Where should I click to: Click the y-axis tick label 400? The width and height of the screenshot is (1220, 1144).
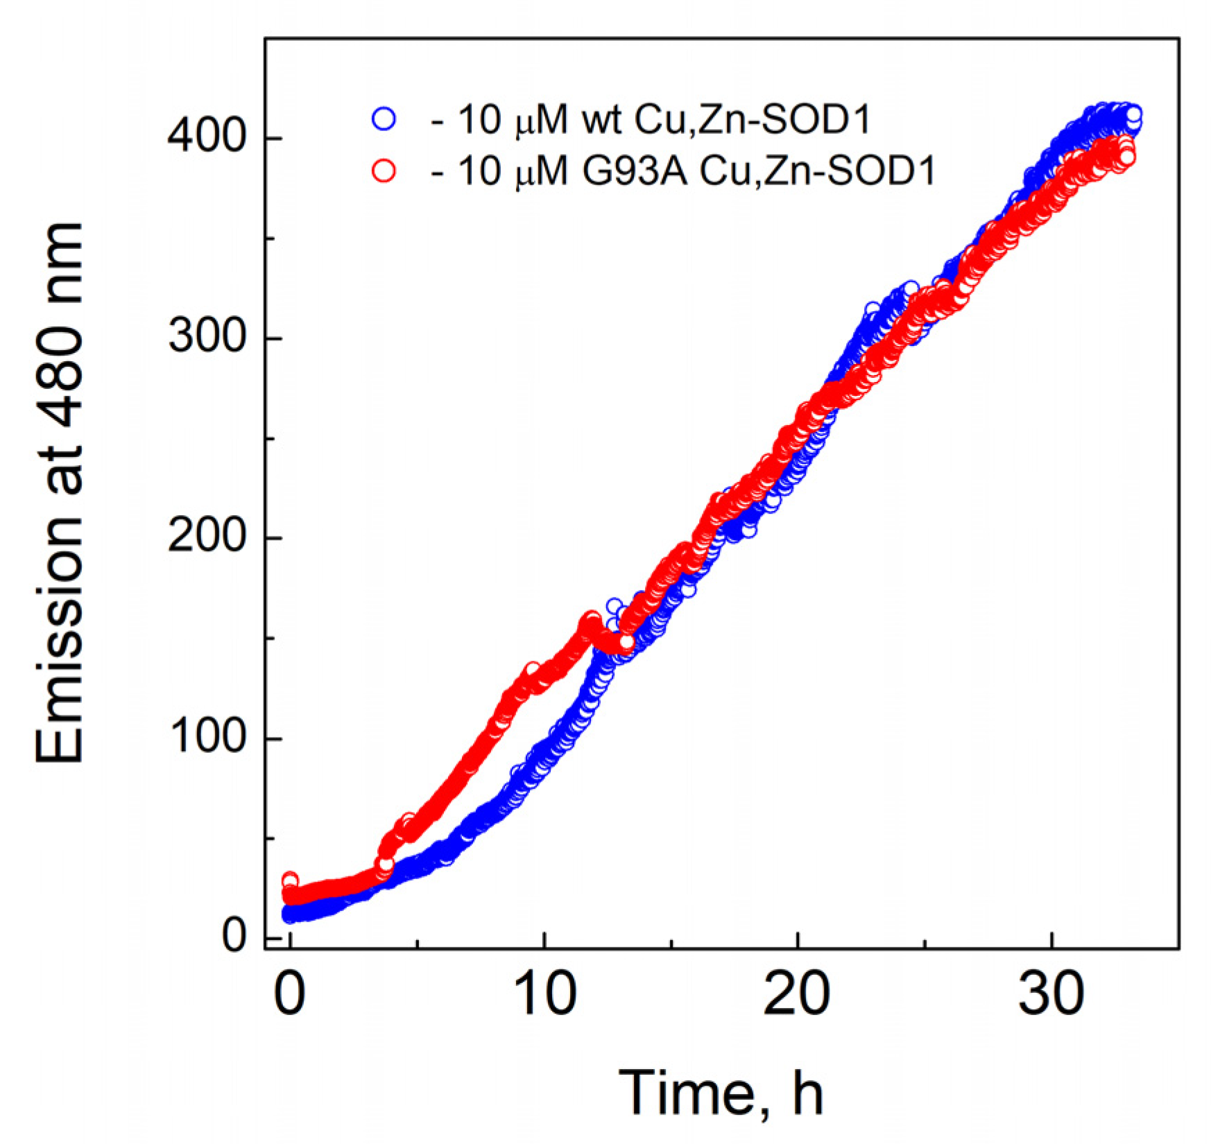pyautogui.click(x=206, y=138)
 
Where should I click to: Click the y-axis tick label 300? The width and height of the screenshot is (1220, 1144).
pyautogui.click(x=206, y=338)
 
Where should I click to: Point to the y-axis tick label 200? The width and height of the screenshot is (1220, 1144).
pyautogui.click(x=206, y=537)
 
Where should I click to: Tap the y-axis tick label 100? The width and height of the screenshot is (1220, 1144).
pyautogui.click(x=206, y=737)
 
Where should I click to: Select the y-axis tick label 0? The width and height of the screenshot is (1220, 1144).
pyautogui.click(x=234, y=937)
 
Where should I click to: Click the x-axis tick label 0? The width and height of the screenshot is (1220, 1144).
pyautogui.click(x=290, y=995)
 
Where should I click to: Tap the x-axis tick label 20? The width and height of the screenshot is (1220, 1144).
pyautogui.click(x=797, y=995)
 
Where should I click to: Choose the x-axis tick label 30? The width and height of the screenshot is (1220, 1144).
pyautogui.click(x=1051, y=995)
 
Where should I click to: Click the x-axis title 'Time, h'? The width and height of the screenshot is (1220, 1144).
pyautogui.click(x=721, y=1093)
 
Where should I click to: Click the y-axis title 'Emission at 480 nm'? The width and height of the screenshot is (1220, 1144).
pyautogui.click(x=61, y=494)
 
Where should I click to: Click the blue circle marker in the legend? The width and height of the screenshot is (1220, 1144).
pyautogui.click(x=384, y=119)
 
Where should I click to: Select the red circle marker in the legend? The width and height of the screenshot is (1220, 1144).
pyautogui.click(x=384, y=170)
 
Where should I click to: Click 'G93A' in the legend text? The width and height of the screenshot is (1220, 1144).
pyautogui.click(x=634, y=171)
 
